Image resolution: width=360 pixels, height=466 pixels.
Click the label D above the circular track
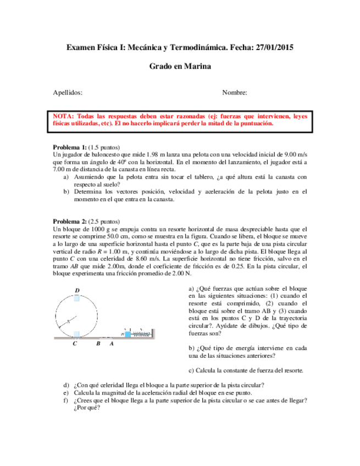coord(77,290)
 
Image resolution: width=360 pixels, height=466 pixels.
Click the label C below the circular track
coord(75,344)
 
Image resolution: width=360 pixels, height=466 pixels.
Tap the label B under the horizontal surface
coord(98,344)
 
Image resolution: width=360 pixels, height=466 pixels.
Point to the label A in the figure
coord(112,344)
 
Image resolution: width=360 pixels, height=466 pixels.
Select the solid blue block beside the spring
coord(128,334)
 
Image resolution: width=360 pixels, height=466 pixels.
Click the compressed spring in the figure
coord(141,334)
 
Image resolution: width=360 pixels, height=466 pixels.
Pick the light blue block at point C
coord(77,334)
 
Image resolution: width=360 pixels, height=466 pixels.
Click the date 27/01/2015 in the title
coord(274,48)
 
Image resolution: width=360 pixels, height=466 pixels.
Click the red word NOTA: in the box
coord(64,116)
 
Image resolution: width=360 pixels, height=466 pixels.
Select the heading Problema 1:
coord(69,148)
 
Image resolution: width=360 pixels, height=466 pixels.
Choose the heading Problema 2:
coord(69,221)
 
